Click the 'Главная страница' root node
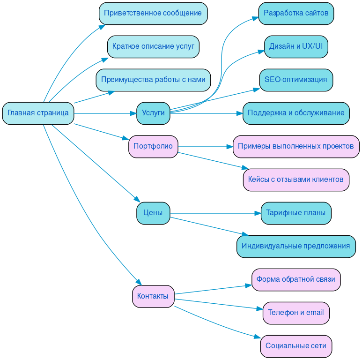point(38,113)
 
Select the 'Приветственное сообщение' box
point(153,13)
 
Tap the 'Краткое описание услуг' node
point(153,46)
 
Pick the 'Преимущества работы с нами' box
point(153,80)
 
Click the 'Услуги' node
point(153,113)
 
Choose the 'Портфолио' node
point(153,146)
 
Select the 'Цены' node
point(153,213)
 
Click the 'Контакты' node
point(153,296)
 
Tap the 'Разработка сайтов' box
point(296,13)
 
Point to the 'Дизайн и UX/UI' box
point(296,46)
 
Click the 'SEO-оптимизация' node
point(296,80)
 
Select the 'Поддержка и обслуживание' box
point(296,113)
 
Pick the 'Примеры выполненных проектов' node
point(296,146)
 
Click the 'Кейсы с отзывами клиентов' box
point(296,180)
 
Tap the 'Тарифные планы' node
point(296,213)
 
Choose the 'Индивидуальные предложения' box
point(296,246)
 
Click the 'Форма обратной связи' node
point(296,279)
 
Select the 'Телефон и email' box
point(296,313)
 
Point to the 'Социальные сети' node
point(296,346)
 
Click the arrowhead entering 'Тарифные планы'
point(258,213)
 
